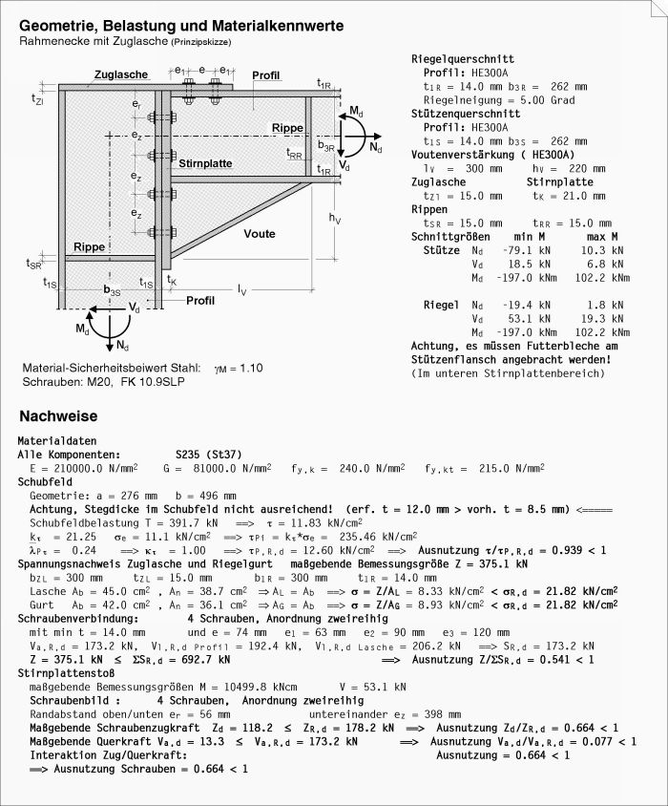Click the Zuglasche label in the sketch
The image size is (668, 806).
(x=120, y=75)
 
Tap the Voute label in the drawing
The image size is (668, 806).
(x=259, y=234)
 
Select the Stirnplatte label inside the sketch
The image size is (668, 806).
(x=204, y=163)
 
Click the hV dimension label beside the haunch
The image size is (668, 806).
(x=335, y=219)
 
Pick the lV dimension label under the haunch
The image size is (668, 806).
(x=242, y=288)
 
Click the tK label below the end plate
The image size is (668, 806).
(x=172, y=280)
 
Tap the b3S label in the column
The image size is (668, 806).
(x=112, y=290)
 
